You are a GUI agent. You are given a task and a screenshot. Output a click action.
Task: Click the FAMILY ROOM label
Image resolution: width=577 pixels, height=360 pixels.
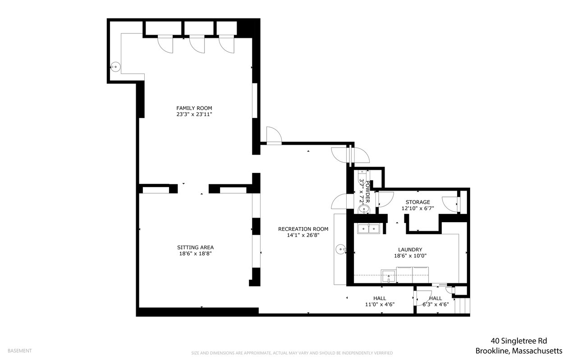[194, 108]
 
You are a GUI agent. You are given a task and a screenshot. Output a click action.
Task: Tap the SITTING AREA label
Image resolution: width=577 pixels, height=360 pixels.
[195, 247]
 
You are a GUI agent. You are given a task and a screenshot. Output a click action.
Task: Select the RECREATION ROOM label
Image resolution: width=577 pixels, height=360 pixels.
[303, 229]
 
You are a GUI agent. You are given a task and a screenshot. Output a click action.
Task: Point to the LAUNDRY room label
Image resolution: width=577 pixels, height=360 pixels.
[410, 250]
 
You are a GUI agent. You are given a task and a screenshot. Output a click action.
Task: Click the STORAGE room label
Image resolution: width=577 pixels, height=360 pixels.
[418, 202]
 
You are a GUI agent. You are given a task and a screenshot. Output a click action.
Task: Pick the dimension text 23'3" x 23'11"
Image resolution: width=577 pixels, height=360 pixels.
[194, 114]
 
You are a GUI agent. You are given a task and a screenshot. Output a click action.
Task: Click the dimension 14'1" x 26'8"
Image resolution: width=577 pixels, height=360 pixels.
[303, 235]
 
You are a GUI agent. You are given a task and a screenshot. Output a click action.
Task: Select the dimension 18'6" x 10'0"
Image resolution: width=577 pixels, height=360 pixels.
[410, 256]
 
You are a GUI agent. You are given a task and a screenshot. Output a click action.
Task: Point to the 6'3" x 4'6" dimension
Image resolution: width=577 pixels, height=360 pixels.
[435, 305]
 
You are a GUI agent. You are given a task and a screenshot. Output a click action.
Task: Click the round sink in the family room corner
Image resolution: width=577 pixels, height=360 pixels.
[115, 67]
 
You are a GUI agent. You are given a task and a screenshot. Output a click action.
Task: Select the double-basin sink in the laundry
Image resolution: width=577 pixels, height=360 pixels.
[369, 229]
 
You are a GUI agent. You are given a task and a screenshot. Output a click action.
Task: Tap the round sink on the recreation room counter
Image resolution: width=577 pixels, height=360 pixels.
[341, 249]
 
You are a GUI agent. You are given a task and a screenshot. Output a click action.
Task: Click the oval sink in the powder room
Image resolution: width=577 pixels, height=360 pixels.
[364, 209]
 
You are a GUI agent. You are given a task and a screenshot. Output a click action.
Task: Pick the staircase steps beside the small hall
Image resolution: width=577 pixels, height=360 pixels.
[463, 305]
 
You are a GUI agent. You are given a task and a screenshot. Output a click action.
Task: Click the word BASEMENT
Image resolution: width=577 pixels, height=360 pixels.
[19, 351]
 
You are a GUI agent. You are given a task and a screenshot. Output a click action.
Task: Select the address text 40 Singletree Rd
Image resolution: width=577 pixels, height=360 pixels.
[519, 341]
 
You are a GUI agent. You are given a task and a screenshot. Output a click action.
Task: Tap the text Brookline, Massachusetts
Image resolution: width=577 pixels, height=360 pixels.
[519, 351]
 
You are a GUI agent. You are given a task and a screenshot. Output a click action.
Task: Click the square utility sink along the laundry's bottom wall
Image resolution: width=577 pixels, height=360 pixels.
[389, 276]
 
